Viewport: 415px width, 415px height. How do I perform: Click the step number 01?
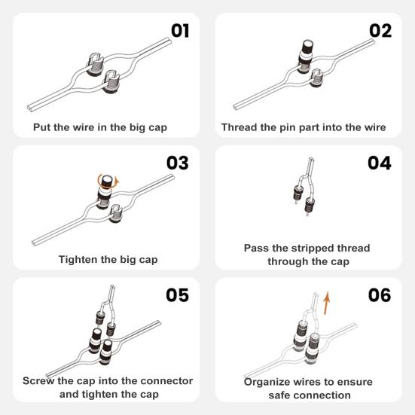[x=180, y=31]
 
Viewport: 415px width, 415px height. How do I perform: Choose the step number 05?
[x=179, y=296]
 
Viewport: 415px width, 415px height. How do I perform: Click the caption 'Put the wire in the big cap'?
[x=100, y=127]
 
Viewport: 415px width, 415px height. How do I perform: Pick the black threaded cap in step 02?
[x=308, y=54]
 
